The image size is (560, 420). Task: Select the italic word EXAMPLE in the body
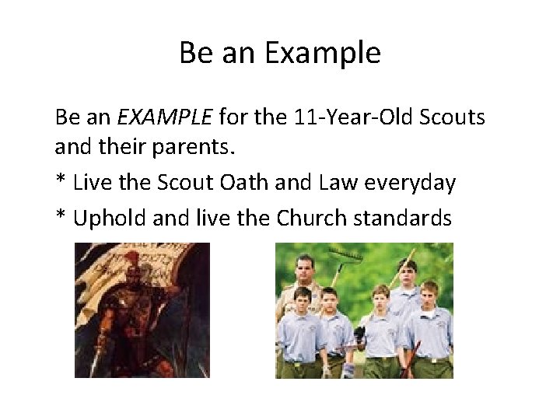164,117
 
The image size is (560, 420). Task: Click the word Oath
268,184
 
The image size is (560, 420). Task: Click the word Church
311,217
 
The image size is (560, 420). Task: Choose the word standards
402,217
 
